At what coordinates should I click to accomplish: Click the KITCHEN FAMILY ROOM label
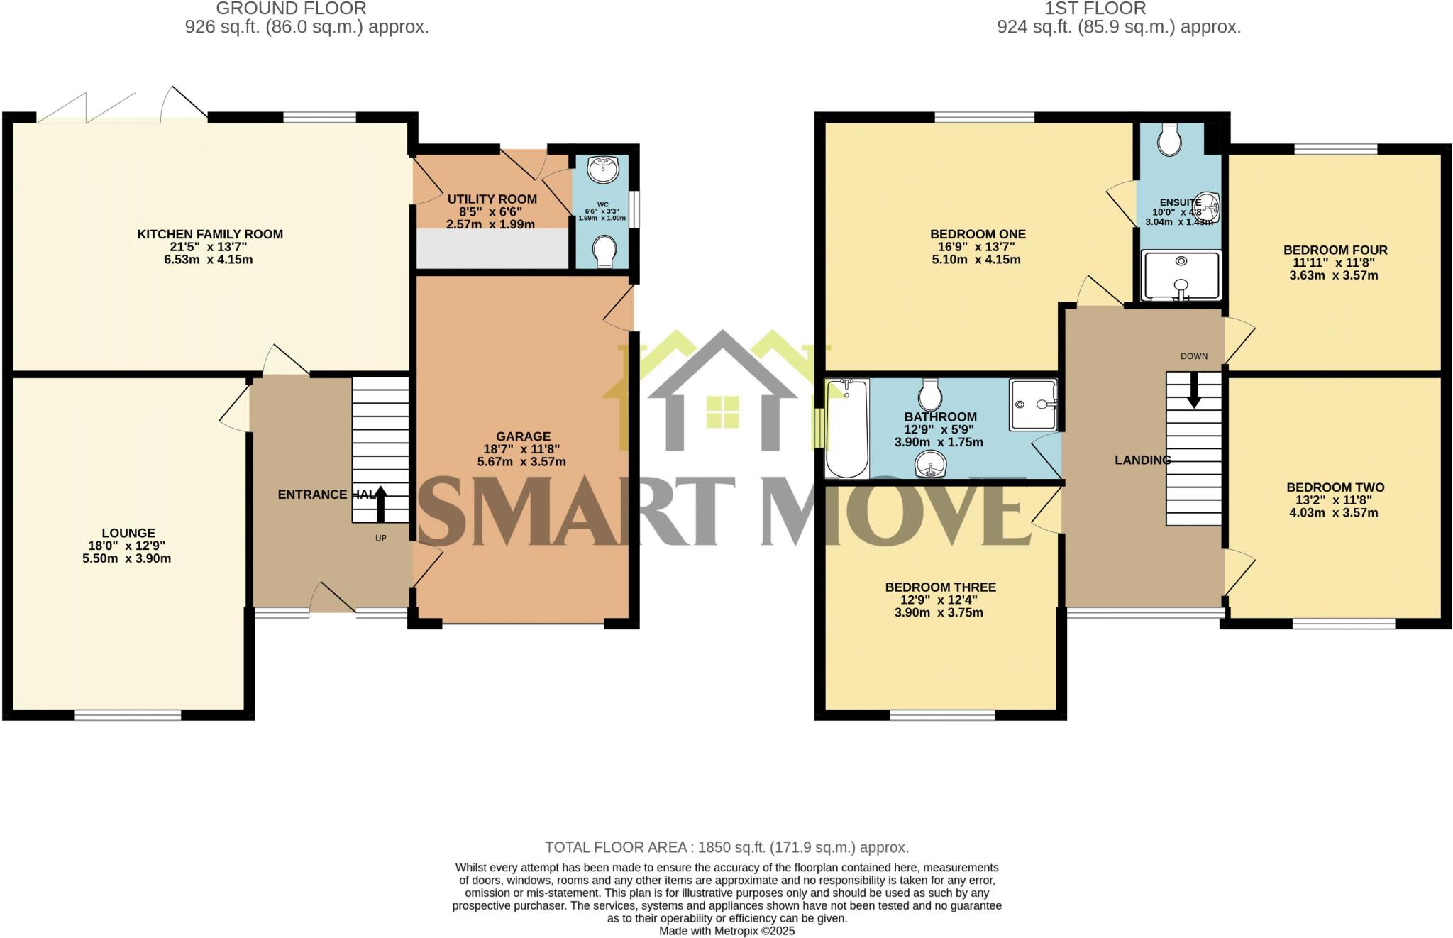[x=210, y=234]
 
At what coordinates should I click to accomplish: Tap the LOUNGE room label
[x=128, y=533]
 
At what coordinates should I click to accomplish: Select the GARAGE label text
[x=523, y=436]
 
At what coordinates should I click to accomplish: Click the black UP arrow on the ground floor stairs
[x=381, y=503]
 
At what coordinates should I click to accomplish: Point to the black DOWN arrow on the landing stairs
[x=1194, y=391]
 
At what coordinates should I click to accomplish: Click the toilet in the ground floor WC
[x=604, y=251]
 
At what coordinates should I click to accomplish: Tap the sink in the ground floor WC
[x=604, y=169]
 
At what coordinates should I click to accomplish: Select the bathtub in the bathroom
[x=846, y=429]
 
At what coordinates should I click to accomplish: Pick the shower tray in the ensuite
[x=1181, y=275]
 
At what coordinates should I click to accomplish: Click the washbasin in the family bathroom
[x=930, y=466]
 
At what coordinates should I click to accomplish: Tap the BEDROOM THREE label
[x=940, y=587]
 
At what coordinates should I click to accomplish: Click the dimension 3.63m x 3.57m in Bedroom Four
[x=1333, y=275]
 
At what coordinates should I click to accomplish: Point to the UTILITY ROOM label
[x=492, y=199]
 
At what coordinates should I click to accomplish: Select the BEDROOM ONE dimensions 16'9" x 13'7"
[x=978, y=247]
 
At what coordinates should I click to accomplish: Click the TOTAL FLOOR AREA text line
[x=726, y=847]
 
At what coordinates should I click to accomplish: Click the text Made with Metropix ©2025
[x=726, y=931]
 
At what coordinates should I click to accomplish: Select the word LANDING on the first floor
[x=1142, y=460]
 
